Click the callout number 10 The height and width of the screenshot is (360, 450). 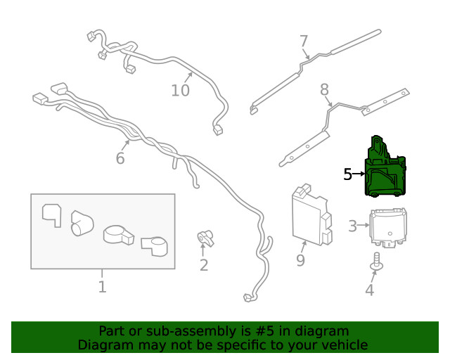(x=181, y=90)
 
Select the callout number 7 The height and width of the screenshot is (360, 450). (x=304, y=40)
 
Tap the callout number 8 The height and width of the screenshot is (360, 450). (x=324, y=89)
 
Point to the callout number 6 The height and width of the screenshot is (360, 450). (x=120, y=158)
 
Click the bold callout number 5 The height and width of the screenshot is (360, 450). (x=347, y=174)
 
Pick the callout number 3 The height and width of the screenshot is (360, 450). (x=352, y=226)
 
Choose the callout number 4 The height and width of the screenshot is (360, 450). (x=369, y=290)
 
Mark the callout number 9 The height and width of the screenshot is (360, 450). (x=300, y=261)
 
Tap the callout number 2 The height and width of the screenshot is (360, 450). (x=204, y=265)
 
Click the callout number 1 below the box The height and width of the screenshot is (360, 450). (x=102, y=286)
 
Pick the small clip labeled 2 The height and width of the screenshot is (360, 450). (x=205, y=239)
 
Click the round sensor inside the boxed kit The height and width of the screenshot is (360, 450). (x=117, y=235)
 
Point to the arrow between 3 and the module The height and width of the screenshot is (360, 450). (x=364, y=226)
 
